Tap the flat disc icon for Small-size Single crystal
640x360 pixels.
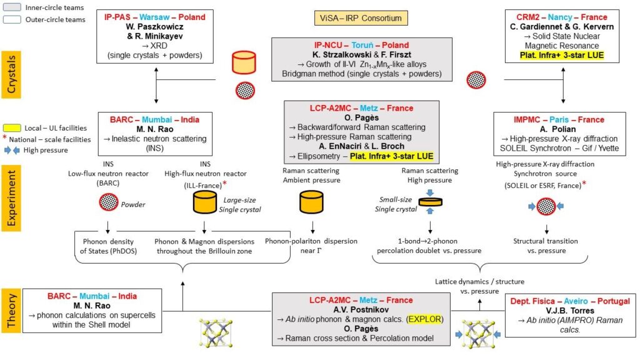click(x=430, y=201)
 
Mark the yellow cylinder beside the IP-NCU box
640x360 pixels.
click(x=244, y=62)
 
